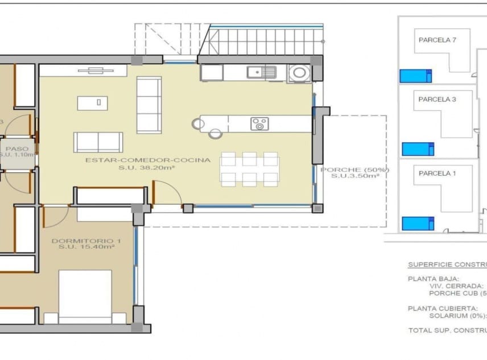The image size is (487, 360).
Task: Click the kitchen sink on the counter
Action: tap(262, 72)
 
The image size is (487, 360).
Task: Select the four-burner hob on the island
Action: tap(259, 123)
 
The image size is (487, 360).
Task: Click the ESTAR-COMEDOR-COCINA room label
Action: tap(148, 160)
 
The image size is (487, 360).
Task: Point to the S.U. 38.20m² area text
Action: tap(147, 168)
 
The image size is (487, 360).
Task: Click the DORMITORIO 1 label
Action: tap(83, 241)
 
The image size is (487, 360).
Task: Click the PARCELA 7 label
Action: tap(437, 40)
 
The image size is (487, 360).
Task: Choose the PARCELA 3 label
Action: tap(437, 100)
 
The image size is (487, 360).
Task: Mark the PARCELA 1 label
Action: tap(437, 173)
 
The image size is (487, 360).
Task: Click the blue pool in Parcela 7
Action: tap(415, 76)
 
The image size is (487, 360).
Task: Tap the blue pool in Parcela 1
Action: tap(418, 224)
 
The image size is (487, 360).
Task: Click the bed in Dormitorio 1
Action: tap(85, 296)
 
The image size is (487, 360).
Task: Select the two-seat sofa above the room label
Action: tap(98, 142)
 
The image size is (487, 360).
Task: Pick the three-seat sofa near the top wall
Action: tap(149, 105)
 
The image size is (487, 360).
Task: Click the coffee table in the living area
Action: tap(92, 103)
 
